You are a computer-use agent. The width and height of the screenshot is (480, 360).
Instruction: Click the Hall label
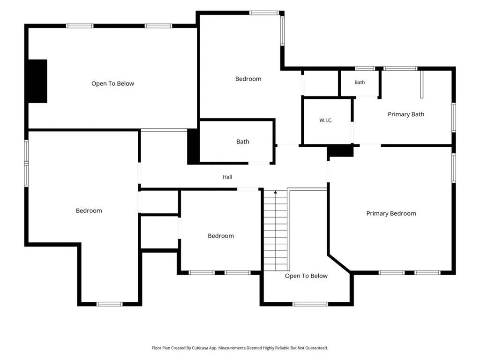[227, 177]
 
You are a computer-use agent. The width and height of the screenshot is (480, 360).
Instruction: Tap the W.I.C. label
[326, 120]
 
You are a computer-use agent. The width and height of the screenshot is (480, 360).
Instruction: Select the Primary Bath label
[406, 114]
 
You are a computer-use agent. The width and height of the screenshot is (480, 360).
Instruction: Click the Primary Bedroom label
[391, 213]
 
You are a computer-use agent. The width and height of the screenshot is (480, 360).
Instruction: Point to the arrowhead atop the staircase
[276, 192]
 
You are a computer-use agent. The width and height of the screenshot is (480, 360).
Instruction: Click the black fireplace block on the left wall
[37, 81]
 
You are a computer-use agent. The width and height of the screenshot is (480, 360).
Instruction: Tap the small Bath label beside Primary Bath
[360, 82]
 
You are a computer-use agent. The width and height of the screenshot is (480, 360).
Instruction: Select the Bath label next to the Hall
[242, 142]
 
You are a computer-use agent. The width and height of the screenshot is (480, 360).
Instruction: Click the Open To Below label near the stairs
[306, 276]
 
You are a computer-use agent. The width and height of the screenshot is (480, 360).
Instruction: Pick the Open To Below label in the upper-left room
[112, 83]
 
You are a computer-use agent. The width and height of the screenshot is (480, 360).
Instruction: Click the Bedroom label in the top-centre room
[248, 79]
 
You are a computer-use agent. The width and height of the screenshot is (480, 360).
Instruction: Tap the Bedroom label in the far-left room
[89, 210]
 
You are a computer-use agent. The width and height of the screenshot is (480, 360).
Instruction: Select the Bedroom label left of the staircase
[221, 236]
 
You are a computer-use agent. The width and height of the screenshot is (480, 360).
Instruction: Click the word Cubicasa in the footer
[200, 348]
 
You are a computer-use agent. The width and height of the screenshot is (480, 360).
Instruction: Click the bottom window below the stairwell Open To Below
[310, 304]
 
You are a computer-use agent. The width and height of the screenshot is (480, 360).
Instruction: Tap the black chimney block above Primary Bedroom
[340, 151]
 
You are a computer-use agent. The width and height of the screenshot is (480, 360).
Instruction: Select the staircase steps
[276, 231]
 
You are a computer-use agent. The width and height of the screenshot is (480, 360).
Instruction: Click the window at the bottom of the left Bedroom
[109, 304]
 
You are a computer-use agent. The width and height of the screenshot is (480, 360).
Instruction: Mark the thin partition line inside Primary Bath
[421, 84]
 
